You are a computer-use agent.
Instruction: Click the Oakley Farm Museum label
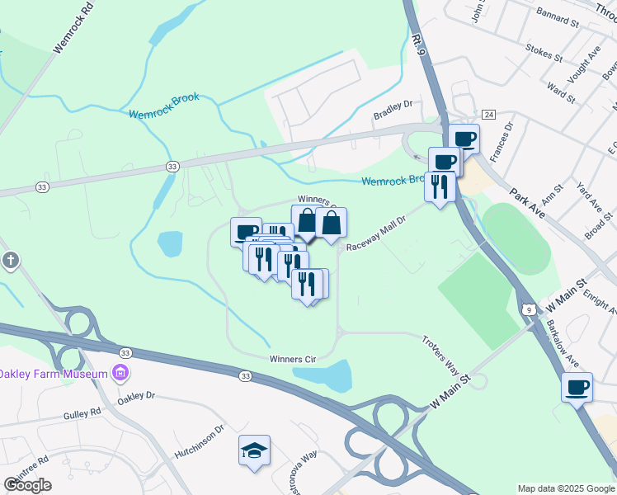[x=54, y=374]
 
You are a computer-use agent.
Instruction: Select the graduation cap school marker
[x=254, y=450]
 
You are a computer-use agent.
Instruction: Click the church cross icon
[x=10, y=262]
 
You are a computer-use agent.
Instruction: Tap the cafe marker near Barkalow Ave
[x=577, y=386]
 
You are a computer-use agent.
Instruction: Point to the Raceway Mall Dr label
[x=378, y=234]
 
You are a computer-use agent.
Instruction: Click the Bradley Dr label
[x=392, y=106]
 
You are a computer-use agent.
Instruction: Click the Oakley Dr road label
[x=135, y=396]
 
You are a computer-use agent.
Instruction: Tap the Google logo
[x=27, y=484]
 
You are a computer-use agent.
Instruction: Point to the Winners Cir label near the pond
[x=293, y=359]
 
